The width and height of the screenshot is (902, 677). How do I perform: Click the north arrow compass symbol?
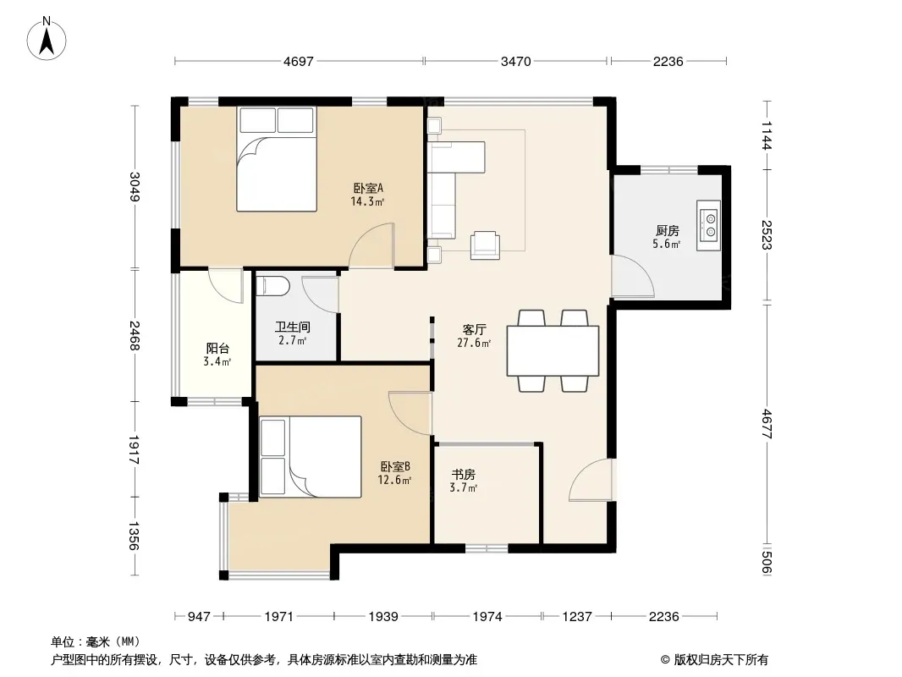(x=47, y=39)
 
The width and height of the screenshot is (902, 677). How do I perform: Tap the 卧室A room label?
(x=368, y=188)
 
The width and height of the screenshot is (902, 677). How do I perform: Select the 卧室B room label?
(x=394, y=466)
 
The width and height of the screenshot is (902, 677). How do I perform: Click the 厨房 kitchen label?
(x=668, y=231)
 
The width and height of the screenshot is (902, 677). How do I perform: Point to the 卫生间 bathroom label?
(x=293, y=327)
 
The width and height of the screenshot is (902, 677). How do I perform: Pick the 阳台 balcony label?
(x=217, y=349)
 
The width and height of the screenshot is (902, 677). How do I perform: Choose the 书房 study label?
(x=463, y=475)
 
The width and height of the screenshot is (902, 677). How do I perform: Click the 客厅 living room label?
(x=475, y=329)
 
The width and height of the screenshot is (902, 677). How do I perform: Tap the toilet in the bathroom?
(x=268, y=286)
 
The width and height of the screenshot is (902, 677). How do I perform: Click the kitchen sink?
(x=708, y=225)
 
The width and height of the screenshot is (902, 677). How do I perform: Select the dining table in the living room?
(x=553, y=351)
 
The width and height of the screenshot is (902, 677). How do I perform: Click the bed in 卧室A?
(x=277, y=159)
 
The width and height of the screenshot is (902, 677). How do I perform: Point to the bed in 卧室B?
(x=310, y=457)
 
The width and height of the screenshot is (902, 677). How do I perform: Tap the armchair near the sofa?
(x=485, y=245)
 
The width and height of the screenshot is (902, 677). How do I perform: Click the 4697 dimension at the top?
(x=299, y=61)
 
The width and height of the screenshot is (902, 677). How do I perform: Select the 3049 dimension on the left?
(x=135, y=187)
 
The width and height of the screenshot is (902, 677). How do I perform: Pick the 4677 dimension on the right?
(x=767, y=424)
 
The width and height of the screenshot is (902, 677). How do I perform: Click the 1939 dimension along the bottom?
(x=383, y=617)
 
